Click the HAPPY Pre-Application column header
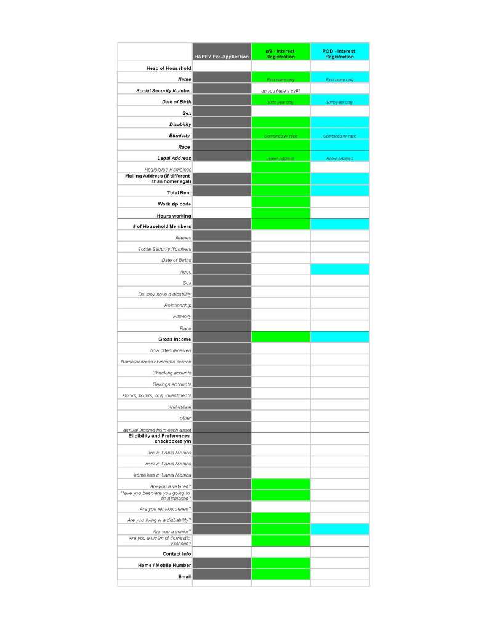(222, 57)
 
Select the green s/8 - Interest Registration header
(280, 54)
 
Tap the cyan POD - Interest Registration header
(339, 54)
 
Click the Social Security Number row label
(163, 90)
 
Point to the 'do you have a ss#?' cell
(280, 90)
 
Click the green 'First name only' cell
(280, 79)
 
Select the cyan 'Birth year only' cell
(339, 102)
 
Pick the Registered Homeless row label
(167, 169)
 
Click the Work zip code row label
(174, 204)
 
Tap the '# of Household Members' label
(162, 226)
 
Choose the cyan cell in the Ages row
(339, 269)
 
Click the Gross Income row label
(174, 339)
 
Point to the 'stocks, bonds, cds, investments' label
(156, 395)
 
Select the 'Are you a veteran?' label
(170, 486)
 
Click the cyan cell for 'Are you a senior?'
(339, 529)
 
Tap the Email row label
(184, 576)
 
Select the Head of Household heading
(168, 68)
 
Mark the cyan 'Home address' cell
(339, 159)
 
